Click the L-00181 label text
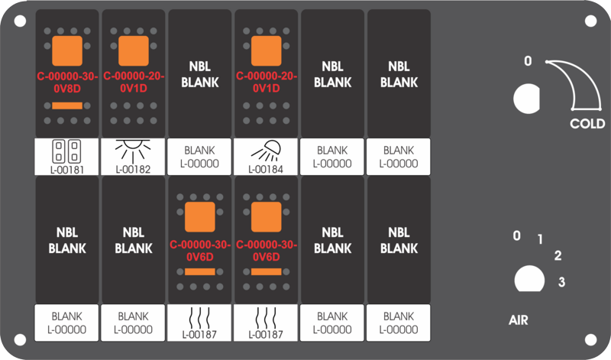point(67,170)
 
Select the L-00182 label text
point(133,170)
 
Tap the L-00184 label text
point(266,170)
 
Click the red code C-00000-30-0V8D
point(67,83)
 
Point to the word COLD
point(587,124)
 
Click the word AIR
point(519,320)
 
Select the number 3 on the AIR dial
point(561,281)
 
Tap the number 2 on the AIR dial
point(558,255)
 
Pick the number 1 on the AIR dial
point(540,239)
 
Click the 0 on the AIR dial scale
point(517,235)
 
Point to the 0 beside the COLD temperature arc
point(528,61)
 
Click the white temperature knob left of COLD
point(527,99)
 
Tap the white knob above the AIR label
point(529,279)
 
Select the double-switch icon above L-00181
point(66,151)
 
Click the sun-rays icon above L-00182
point(133,151)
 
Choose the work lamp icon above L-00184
point(267,151)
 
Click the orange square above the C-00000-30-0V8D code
point(67,51)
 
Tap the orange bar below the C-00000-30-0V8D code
point(67,105)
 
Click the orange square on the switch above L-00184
point(266,51)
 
